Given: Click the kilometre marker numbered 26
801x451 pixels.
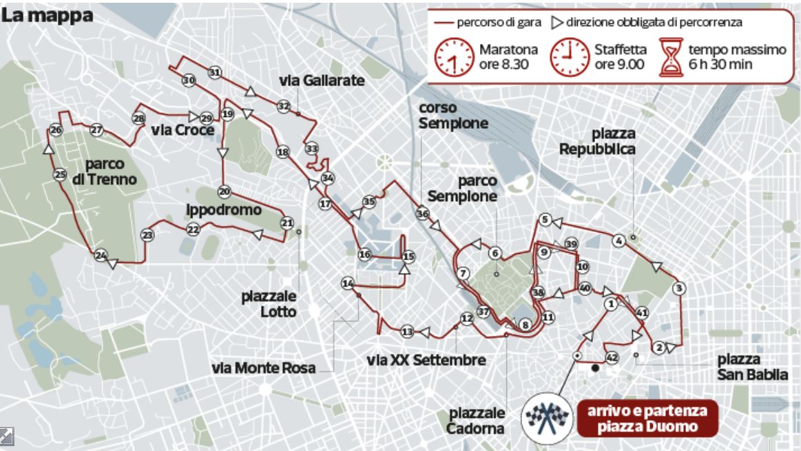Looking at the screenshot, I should point(56,130).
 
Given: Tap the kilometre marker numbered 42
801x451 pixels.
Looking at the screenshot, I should point(611,358).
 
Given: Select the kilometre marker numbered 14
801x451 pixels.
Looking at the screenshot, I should point(348,284).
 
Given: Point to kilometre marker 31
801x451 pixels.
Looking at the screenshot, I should point(215,72).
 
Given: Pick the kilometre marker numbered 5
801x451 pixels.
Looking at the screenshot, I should point(545,220).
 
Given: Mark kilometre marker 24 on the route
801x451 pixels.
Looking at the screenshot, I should point(101,255).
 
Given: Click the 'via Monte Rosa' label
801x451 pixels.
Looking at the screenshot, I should point(264,368).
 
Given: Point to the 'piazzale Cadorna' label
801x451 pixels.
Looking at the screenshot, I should point(477,420).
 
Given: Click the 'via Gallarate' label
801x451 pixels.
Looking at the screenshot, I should point(322,81).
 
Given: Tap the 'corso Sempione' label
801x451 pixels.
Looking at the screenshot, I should point(453,116).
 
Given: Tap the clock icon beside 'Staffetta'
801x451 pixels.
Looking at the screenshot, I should point(570,56).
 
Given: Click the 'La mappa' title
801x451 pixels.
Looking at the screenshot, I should point(48,16).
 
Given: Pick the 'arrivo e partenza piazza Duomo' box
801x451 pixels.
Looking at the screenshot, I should point(647,419).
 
